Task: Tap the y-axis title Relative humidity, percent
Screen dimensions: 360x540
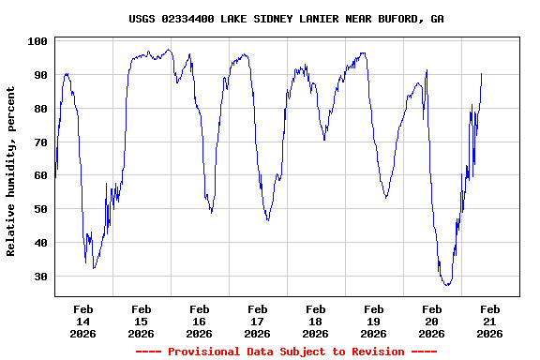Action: (x=11, y=171)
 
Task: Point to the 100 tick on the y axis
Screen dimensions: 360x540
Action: (x=38, y=41)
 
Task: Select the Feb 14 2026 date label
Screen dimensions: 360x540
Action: (x=82, y=321)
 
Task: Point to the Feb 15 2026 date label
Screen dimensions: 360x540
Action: (x=141, y=321)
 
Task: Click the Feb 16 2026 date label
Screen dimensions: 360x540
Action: (x=199, y=321)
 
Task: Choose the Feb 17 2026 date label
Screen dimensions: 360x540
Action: (x=257, y=321)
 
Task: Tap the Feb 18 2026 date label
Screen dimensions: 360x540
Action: (x=315, y=321)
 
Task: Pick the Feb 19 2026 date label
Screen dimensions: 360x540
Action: (x=373, y=321)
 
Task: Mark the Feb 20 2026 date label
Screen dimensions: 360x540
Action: (x=431, y=321)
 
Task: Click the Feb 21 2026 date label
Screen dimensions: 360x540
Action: (x=489, y=321)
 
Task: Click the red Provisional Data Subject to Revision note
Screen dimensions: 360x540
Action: (x=286, y=352)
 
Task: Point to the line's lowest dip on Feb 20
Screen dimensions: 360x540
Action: (x=447, y=284)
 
